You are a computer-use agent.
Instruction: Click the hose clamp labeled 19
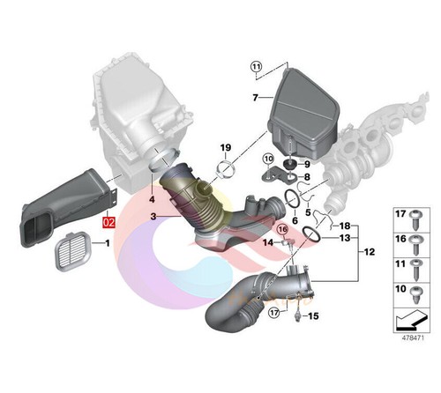coord(226,167)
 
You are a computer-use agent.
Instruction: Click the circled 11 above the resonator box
coord(256,66)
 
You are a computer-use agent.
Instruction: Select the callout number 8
coord(307,177)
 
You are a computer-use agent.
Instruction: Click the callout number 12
coord(368,252)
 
